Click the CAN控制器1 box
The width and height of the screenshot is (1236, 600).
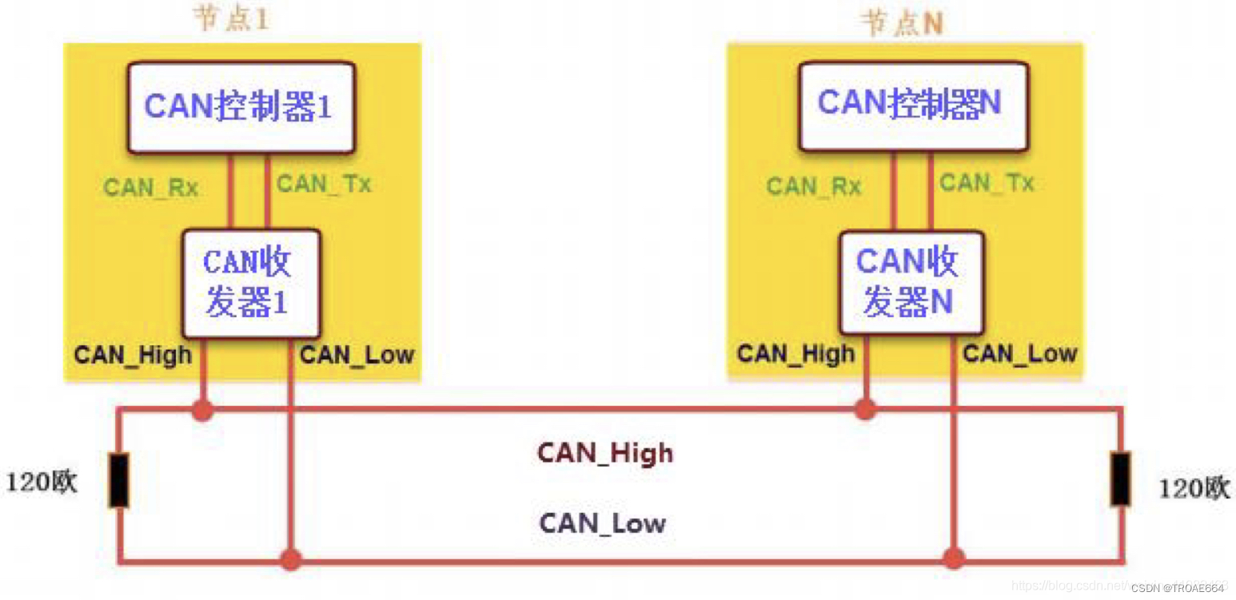240,107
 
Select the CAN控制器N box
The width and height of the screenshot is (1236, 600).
912,105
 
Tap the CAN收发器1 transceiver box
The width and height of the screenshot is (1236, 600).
250,284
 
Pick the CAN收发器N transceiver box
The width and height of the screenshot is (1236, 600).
911,282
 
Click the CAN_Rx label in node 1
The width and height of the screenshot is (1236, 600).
151,189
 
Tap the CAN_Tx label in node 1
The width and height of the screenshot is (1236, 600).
324,185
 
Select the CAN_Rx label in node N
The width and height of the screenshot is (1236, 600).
814,187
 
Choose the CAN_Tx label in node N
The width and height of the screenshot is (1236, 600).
987,184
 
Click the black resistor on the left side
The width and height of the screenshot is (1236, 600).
119,480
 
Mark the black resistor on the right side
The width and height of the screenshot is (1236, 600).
1121,479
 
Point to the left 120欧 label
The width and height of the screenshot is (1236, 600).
42,483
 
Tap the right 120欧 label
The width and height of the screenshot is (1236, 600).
1194,487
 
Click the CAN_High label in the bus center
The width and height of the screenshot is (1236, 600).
605,454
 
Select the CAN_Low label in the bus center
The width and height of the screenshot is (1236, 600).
603,523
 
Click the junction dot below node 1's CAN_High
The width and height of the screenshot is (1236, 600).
203,411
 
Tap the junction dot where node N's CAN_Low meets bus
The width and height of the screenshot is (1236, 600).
952,557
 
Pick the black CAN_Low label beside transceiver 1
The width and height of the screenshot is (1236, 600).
357,355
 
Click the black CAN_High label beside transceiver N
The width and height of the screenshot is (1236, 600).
795,353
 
